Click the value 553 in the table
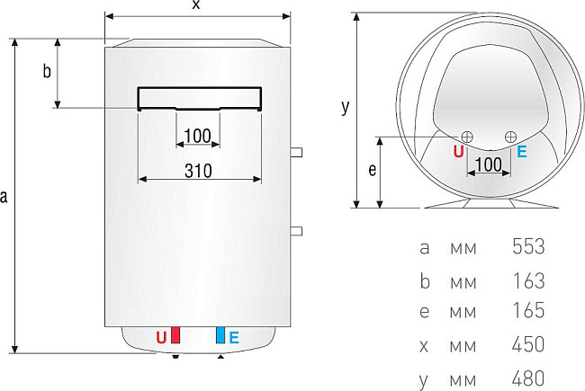[528, 246]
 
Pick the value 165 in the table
[528, 311]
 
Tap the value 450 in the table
[528, 343]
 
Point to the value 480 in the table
[528, 377]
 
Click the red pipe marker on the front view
[175, 337]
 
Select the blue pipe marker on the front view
[220, 337]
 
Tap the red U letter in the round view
[458, 152]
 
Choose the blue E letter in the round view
[522, 152]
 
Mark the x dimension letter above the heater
[196, 6]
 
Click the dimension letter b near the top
[47, 73]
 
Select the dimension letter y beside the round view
[345, 107]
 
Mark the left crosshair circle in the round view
[467, 136]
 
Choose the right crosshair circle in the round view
[511, 136]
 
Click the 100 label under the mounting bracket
[195, 136]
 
